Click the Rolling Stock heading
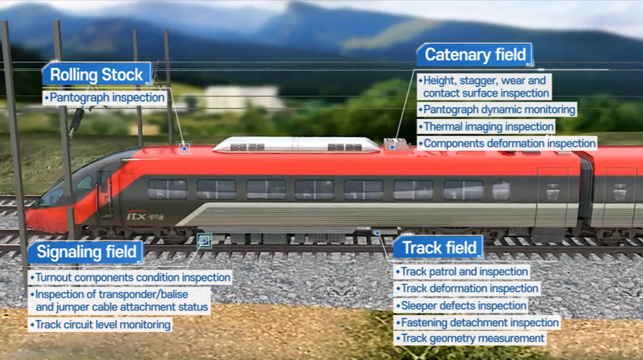coord(97,75)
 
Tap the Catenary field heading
coord(475,55)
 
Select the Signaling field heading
coord(86,252)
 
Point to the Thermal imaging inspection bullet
coord(487,126)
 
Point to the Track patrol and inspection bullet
coord(463,272)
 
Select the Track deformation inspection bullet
coord(469,288)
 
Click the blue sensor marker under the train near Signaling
coord(204,240)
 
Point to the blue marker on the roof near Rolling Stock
coord(184,147)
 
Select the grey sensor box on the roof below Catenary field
coord(396,145)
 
